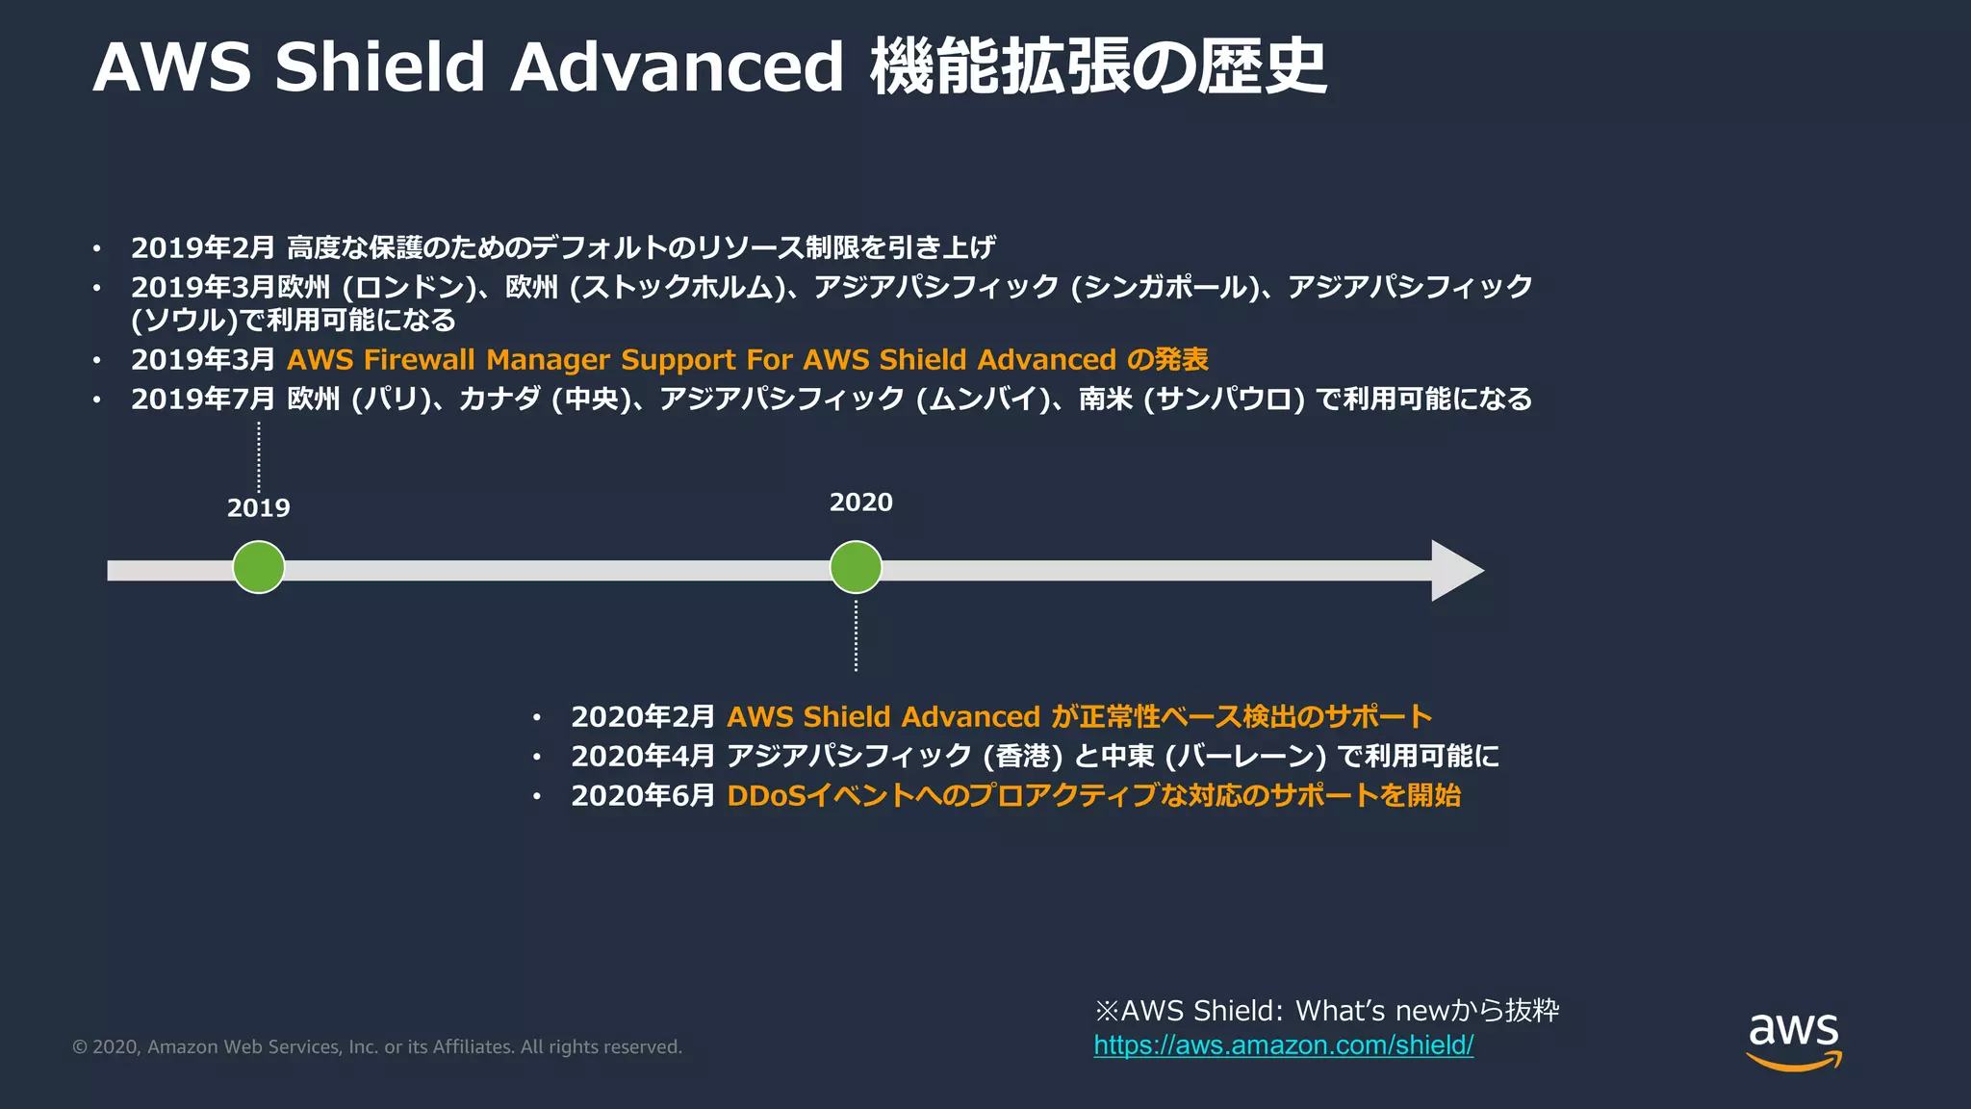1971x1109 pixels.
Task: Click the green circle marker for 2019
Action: coord(259,567)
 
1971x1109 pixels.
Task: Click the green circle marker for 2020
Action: coord(856,567)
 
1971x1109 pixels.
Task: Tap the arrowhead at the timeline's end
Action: coord(1455,571)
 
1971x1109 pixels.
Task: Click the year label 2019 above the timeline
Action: coord(258,507)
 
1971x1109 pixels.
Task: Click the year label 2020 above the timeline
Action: coord(860,502)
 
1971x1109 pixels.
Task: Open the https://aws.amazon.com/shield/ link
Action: coord(1283,1045)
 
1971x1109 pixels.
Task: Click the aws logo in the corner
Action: coord(1794,1040)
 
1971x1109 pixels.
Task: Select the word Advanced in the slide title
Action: coord(677,67)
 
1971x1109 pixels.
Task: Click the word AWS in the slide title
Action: coord(171,67)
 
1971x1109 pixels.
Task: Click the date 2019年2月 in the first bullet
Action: coord(203,248)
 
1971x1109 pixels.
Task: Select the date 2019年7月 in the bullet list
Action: coord(203,400)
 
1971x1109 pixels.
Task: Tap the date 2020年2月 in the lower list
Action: coord(642,717)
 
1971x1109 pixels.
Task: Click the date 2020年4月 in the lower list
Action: coord(642,757)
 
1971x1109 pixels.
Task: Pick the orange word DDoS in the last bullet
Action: coord(766,796)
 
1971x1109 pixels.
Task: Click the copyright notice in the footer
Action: coord(377,1047)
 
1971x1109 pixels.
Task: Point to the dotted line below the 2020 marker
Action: coord(856,635)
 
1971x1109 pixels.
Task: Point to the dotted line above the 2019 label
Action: coord(259,457)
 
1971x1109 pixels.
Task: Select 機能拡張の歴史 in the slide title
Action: coord(1098,67)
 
